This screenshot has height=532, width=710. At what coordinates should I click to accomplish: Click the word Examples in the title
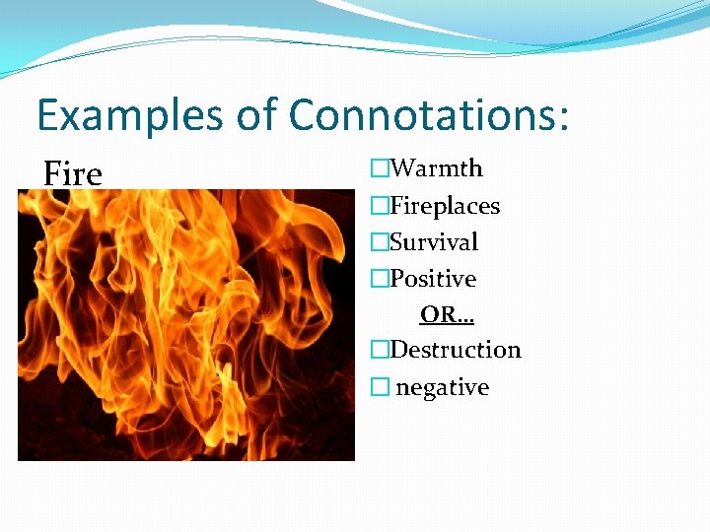(130, 115)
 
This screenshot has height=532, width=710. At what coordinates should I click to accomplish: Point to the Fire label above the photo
(73, 173)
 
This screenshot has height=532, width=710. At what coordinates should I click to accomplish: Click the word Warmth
(436, 167)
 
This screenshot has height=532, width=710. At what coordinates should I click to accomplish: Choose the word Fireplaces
(445, 206)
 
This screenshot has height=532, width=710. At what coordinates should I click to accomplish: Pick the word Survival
(433, 241)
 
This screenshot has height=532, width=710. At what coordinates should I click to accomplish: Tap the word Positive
(433, 278)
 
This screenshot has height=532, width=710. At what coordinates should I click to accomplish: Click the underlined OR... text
(447, 314)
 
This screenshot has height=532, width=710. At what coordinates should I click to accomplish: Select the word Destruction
(456, 350)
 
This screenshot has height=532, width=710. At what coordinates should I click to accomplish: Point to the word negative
(443, 387)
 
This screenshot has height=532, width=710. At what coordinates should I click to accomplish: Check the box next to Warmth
(380, 167)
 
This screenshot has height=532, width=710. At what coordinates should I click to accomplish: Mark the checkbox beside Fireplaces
(380, 205)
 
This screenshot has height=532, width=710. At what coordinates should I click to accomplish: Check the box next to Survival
(380, 241)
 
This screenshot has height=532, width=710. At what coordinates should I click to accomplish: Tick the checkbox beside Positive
(380, 278)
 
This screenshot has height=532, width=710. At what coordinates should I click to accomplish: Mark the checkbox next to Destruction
(380, 350)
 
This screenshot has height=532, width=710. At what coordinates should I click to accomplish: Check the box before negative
(380, 387)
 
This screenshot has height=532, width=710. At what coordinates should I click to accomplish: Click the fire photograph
(186, 325)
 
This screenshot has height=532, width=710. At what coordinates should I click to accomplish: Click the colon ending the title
(563, 118)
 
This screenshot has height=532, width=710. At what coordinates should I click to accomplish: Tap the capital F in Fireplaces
(396, 205)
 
